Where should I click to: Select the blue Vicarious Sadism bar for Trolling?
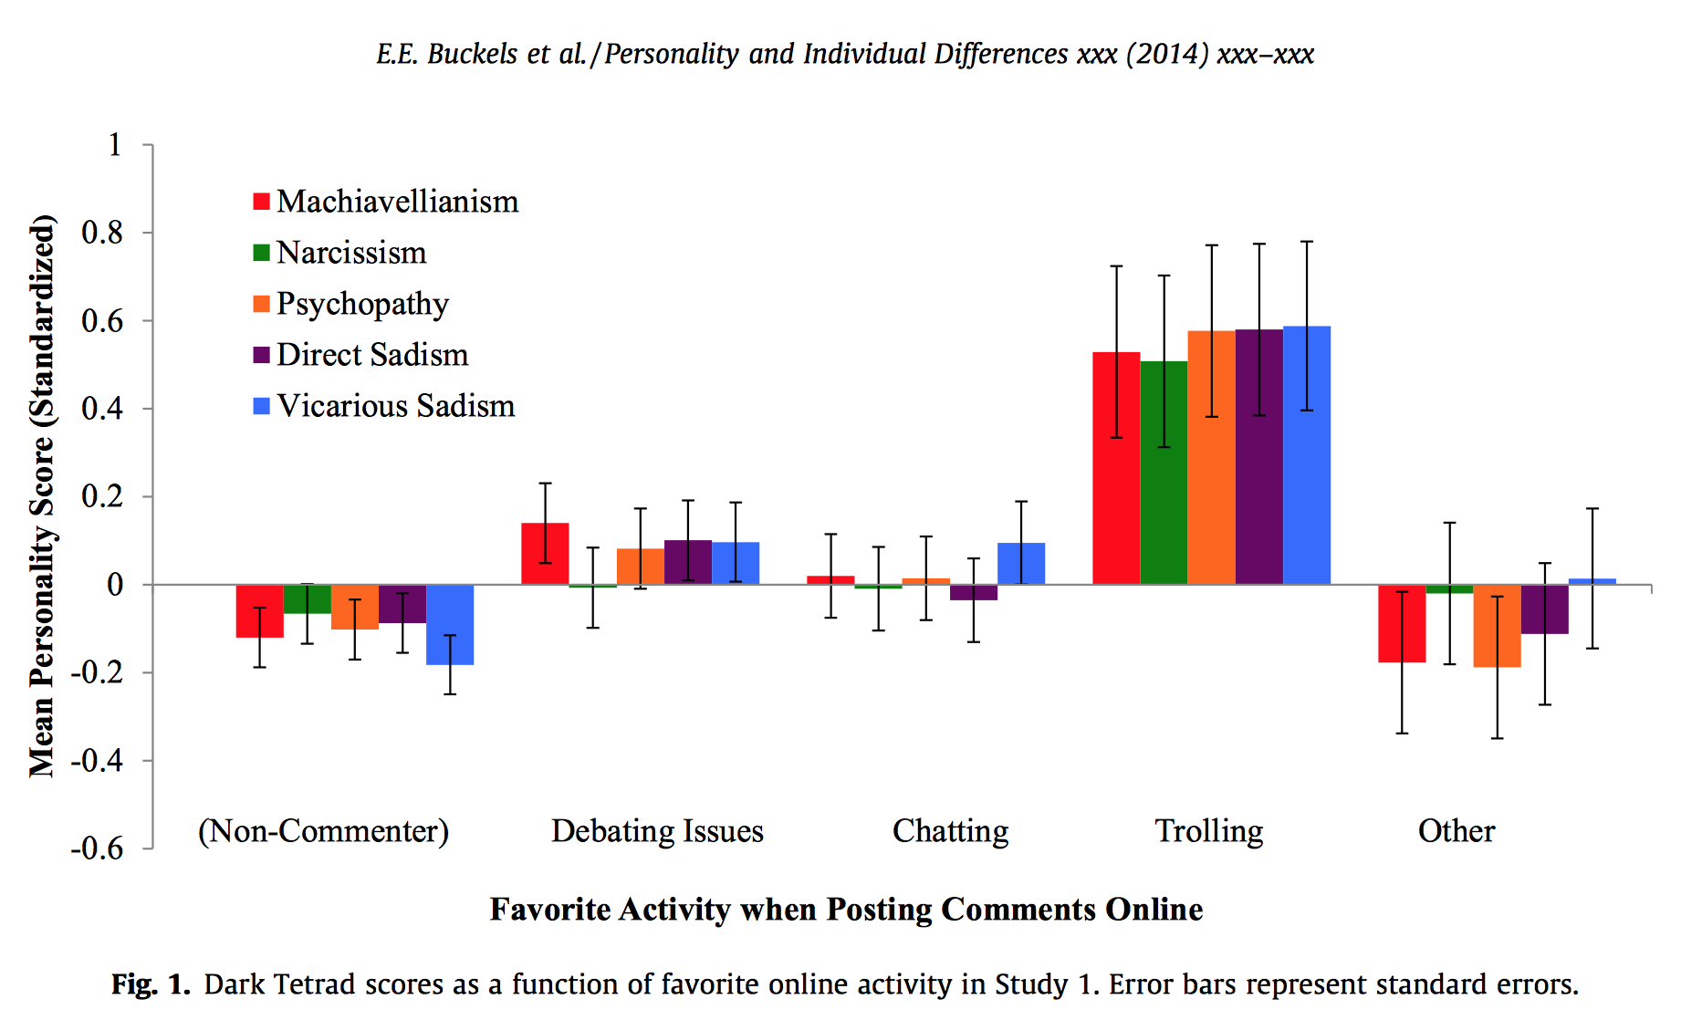(1307, 455)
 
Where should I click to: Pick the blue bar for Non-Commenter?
(450, 624)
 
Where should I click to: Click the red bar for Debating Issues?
(545, 554)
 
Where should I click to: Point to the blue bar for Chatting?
(1021, 564)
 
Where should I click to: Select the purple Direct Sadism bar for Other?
(1545, 609)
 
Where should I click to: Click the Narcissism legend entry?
(351, 253)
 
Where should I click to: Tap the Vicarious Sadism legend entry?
(395, 406)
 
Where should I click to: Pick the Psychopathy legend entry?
(362, 304)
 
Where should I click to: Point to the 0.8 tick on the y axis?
(102, 233)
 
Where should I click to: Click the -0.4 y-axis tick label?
(97, 760)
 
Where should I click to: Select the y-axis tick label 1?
(114, 144)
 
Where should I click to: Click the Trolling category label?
(1209, 831)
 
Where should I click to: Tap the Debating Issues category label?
(657, 831)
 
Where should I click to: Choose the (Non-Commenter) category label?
(324, 831)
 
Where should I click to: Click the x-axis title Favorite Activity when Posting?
(846, 910)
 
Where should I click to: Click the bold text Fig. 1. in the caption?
(151, 984)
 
